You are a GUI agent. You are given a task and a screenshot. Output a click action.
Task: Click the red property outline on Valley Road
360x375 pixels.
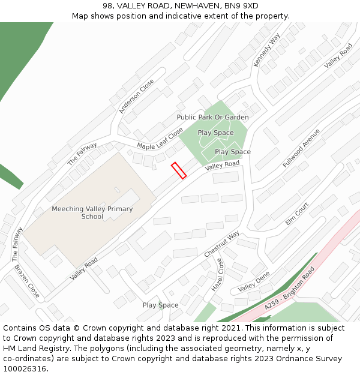click(179, 170)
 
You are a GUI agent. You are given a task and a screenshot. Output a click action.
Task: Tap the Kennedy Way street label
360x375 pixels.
click(267, 50)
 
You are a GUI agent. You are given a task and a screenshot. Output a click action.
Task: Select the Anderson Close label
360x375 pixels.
click(137, 96)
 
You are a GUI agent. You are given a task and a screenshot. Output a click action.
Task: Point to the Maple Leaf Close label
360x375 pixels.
click(160, 139)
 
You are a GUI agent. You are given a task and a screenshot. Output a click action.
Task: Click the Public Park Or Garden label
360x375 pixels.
click(212, 117)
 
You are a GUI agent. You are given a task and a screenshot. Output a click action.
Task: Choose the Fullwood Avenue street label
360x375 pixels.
click(301, 148)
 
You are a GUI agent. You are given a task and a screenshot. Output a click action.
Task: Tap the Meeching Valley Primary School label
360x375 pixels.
click(92, 212)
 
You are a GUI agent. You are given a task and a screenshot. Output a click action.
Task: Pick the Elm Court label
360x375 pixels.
click(297, 214)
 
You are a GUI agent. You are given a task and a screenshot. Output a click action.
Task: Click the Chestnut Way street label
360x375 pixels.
click(221, 244)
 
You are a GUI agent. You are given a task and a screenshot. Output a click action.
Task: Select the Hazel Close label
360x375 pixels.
click(217, 275)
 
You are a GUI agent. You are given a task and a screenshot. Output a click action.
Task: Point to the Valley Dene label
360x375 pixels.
click(254, 281)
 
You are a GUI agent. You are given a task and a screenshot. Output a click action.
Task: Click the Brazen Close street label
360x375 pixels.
click(27, 281)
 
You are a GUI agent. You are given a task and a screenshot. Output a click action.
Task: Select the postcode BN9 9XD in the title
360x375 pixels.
click(241, 5)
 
